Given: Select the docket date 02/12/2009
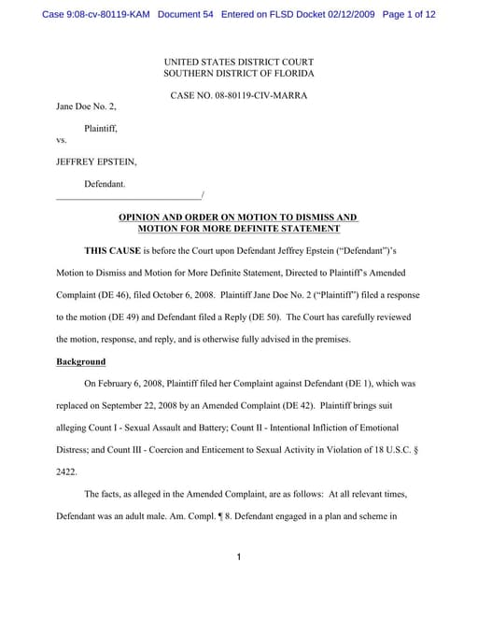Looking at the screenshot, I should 340,15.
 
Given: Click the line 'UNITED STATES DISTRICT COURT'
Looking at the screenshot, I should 239,61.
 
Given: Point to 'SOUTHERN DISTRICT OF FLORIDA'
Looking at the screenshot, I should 239,73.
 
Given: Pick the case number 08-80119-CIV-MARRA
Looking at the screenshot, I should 263,95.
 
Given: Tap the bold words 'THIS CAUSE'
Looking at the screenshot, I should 115,252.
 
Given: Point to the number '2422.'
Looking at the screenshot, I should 68,472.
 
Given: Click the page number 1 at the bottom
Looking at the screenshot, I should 239,557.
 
